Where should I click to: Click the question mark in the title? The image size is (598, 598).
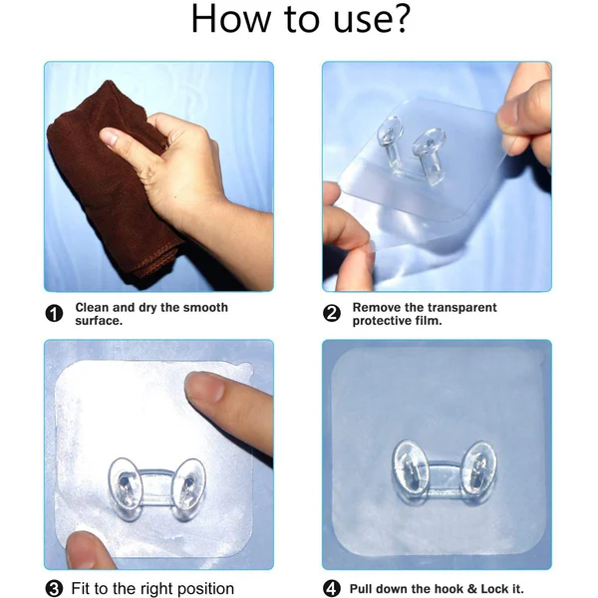click(399, 20)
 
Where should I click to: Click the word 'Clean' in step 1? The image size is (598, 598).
click(93, 308)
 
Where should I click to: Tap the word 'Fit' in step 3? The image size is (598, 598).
click(82, 588)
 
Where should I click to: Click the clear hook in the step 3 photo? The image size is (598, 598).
click(156, 487)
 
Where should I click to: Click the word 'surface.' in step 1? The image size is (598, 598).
click(99, 321)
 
